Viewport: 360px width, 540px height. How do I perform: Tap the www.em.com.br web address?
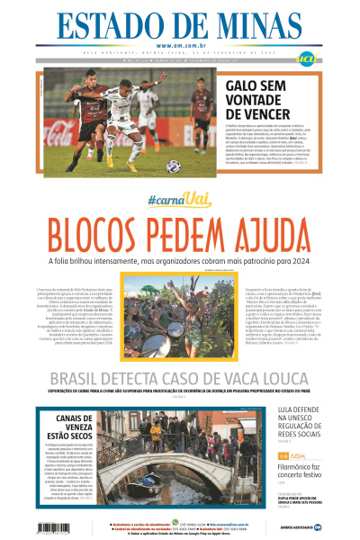[x=179, y=47]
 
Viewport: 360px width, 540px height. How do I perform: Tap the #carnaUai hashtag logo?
[x=179, y=199]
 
